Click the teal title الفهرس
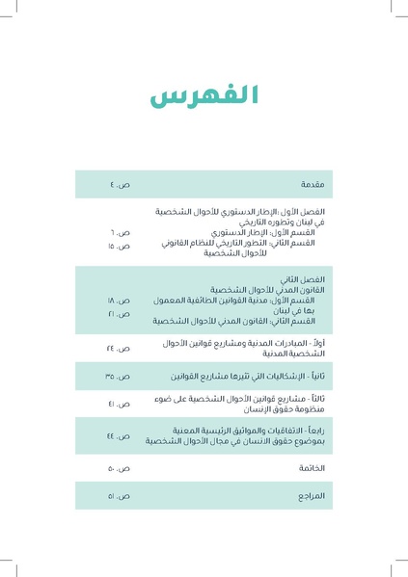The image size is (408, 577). pyautogui.click(x=204, y=96)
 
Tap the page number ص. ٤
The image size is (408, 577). pyautogui.click(x=122, y=184)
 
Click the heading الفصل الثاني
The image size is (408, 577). pyautogui.click(x=309, y=278)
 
